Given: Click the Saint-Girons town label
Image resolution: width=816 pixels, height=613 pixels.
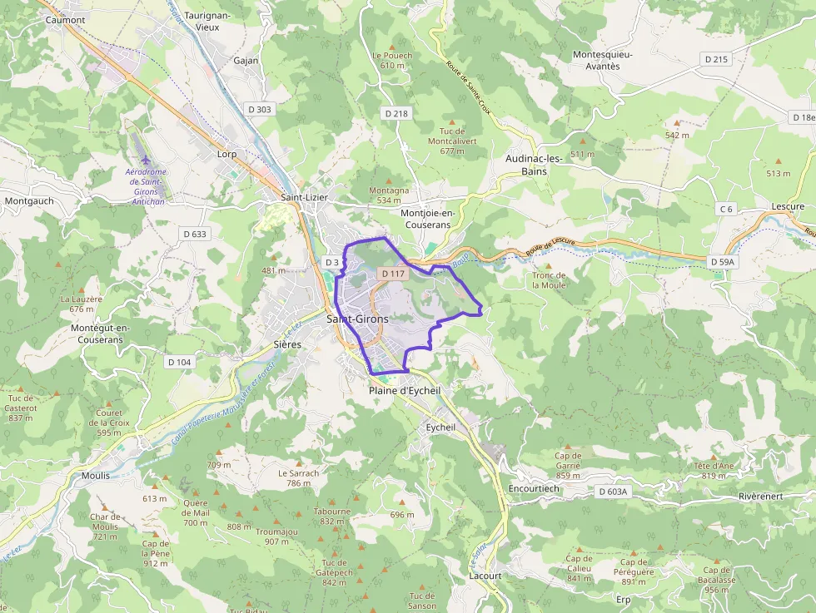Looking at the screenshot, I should [x=357, y=319].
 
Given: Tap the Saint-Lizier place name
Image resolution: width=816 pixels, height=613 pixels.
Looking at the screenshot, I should [x=304, y=197].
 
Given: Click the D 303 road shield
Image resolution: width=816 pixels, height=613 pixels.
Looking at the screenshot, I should [x=260, y=109].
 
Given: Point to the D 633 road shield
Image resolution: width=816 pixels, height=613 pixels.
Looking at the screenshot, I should [x=193, y=234].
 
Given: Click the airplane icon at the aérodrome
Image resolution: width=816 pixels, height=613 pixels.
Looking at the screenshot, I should [x=147, y=160].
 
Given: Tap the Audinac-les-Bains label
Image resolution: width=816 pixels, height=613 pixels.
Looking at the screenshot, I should [x=534, y=164].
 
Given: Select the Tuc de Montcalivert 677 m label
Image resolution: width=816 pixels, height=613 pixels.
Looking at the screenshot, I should [x=452, y=141].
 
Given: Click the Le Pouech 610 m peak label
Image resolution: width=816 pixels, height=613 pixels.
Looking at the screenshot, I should [x=392, y=60].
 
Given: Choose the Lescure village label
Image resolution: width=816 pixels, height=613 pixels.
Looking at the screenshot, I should [x=787, y=206].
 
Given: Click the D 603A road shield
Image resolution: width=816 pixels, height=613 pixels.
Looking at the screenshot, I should [x=612, y=492].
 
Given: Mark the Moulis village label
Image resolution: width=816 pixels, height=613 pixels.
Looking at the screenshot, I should [x=96, y=475].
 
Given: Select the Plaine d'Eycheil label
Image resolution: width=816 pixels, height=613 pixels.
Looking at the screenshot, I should [x=404, y=390].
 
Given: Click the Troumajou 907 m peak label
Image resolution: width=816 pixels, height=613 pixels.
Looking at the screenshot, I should [x=276, y=536].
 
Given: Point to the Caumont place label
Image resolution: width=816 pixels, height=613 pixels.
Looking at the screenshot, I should [x=66, y=19].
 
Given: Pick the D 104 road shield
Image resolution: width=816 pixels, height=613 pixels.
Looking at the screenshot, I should [x=179, y=362].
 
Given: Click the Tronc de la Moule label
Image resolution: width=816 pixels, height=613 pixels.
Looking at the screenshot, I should [x=549, y=280].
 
